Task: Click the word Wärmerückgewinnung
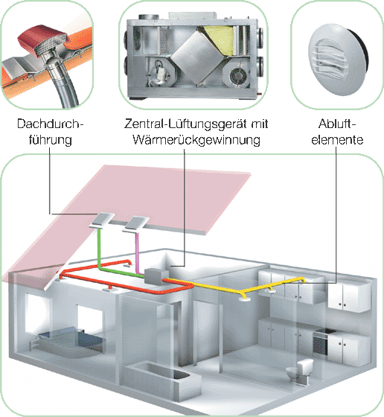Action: pyautogui.click(x=196, y=140)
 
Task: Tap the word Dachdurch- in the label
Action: pyautogui.click(x=50, y=124)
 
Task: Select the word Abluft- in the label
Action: pyautogui.click(x=337, y=124)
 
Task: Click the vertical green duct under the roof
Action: pyautogui.click(x=99, y=249)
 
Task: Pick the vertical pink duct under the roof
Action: pyautogui.click(x=137, y=252)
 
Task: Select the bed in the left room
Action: pyautogui.click(x=70, y=342)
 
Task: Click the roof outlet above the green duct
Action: pyautogui.click(x=101, y=220)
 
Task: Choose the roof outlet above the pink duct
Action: pyautogui.click(x=136, y=224)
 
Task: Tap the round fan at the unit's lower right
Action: pyautogui.click(x=236, y=75)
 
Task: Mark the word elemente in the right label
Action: pyautogui.click(x=337, y=140)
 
